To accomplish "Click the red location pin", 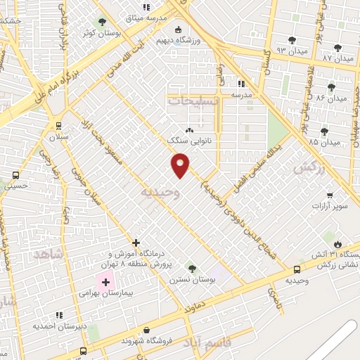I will (x=181, y=165).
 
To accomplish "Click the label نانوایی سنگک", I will (x=188, y=141).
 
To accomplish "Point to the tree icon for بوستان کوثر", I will (x=103, y=22).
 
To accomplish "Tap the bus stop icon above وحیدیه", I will (x=297, y=269).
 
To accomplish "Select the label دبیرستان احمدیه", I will (x=60, y=326).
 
